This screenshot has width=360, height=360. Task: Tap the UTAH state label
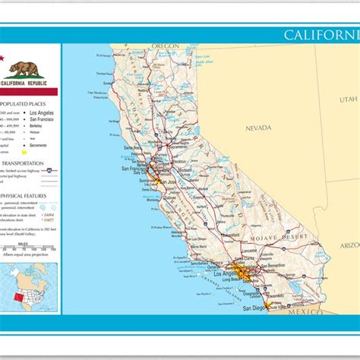tap(348, 99)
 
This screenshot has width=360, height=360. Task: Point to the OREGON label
tap(164, 46)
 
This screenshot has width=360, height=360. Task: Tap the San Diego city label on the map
tap(253, 308)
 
